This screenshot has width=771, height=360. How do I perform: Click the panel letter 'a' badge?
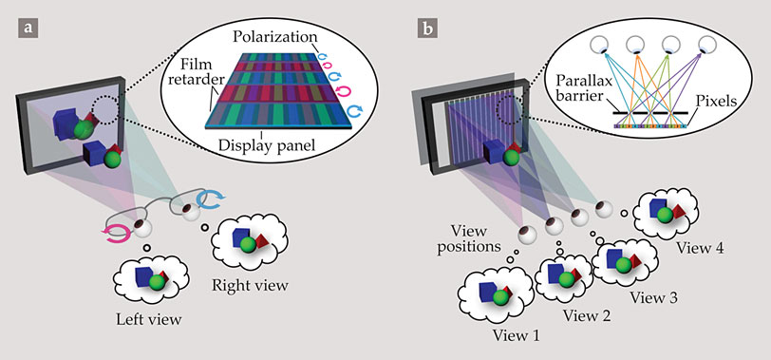coord(28,28)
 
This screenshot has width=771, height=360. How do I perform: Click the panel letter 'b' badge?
coord(427,28)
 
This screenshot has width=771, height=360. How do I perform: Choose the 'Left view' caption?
coord(149,320)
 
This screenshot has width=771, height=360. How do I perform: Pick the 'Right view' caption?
coord(250,285)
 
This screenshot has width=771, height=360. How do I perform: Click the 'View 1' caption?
coord(517,336)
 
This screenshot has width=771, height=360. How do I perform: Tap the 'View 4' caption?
coord(699,247)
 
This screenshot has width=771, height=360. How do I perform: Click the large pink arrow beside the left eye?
coord(118,233)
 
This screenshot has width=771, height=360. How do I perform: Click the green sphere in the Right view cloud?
coord(247,245)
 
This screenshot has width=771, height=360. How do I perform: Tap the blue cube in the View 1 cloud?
coord(488,292)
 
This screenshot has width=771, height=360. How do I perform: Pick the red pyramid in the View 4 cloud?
coord(679,213)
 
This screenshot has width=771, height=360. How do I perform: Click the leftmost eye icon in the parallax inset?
coord(599,46)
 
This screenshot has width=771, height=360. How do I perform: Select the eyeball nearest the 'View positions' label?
coord(527,234)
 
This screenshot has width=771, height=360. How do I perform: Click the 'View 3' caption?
coord(653,297)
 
